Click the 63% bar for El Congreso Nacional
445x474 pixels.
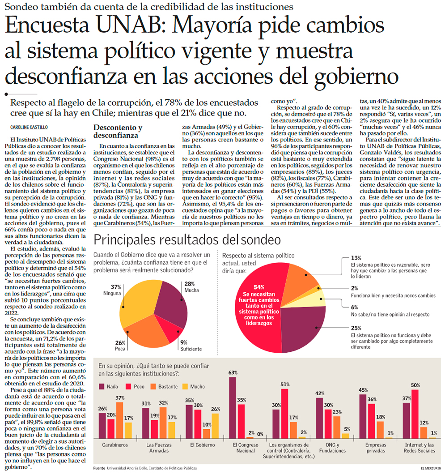coord(233,407)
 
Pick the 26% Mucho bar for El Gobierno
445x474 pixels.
coord(215,426)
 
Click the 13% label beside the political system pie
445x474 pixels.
coord(356,258)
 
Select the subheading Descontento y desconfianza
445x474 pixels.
coord(118,131)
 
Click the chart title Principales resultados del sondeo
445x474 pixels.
coord(187,240)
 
